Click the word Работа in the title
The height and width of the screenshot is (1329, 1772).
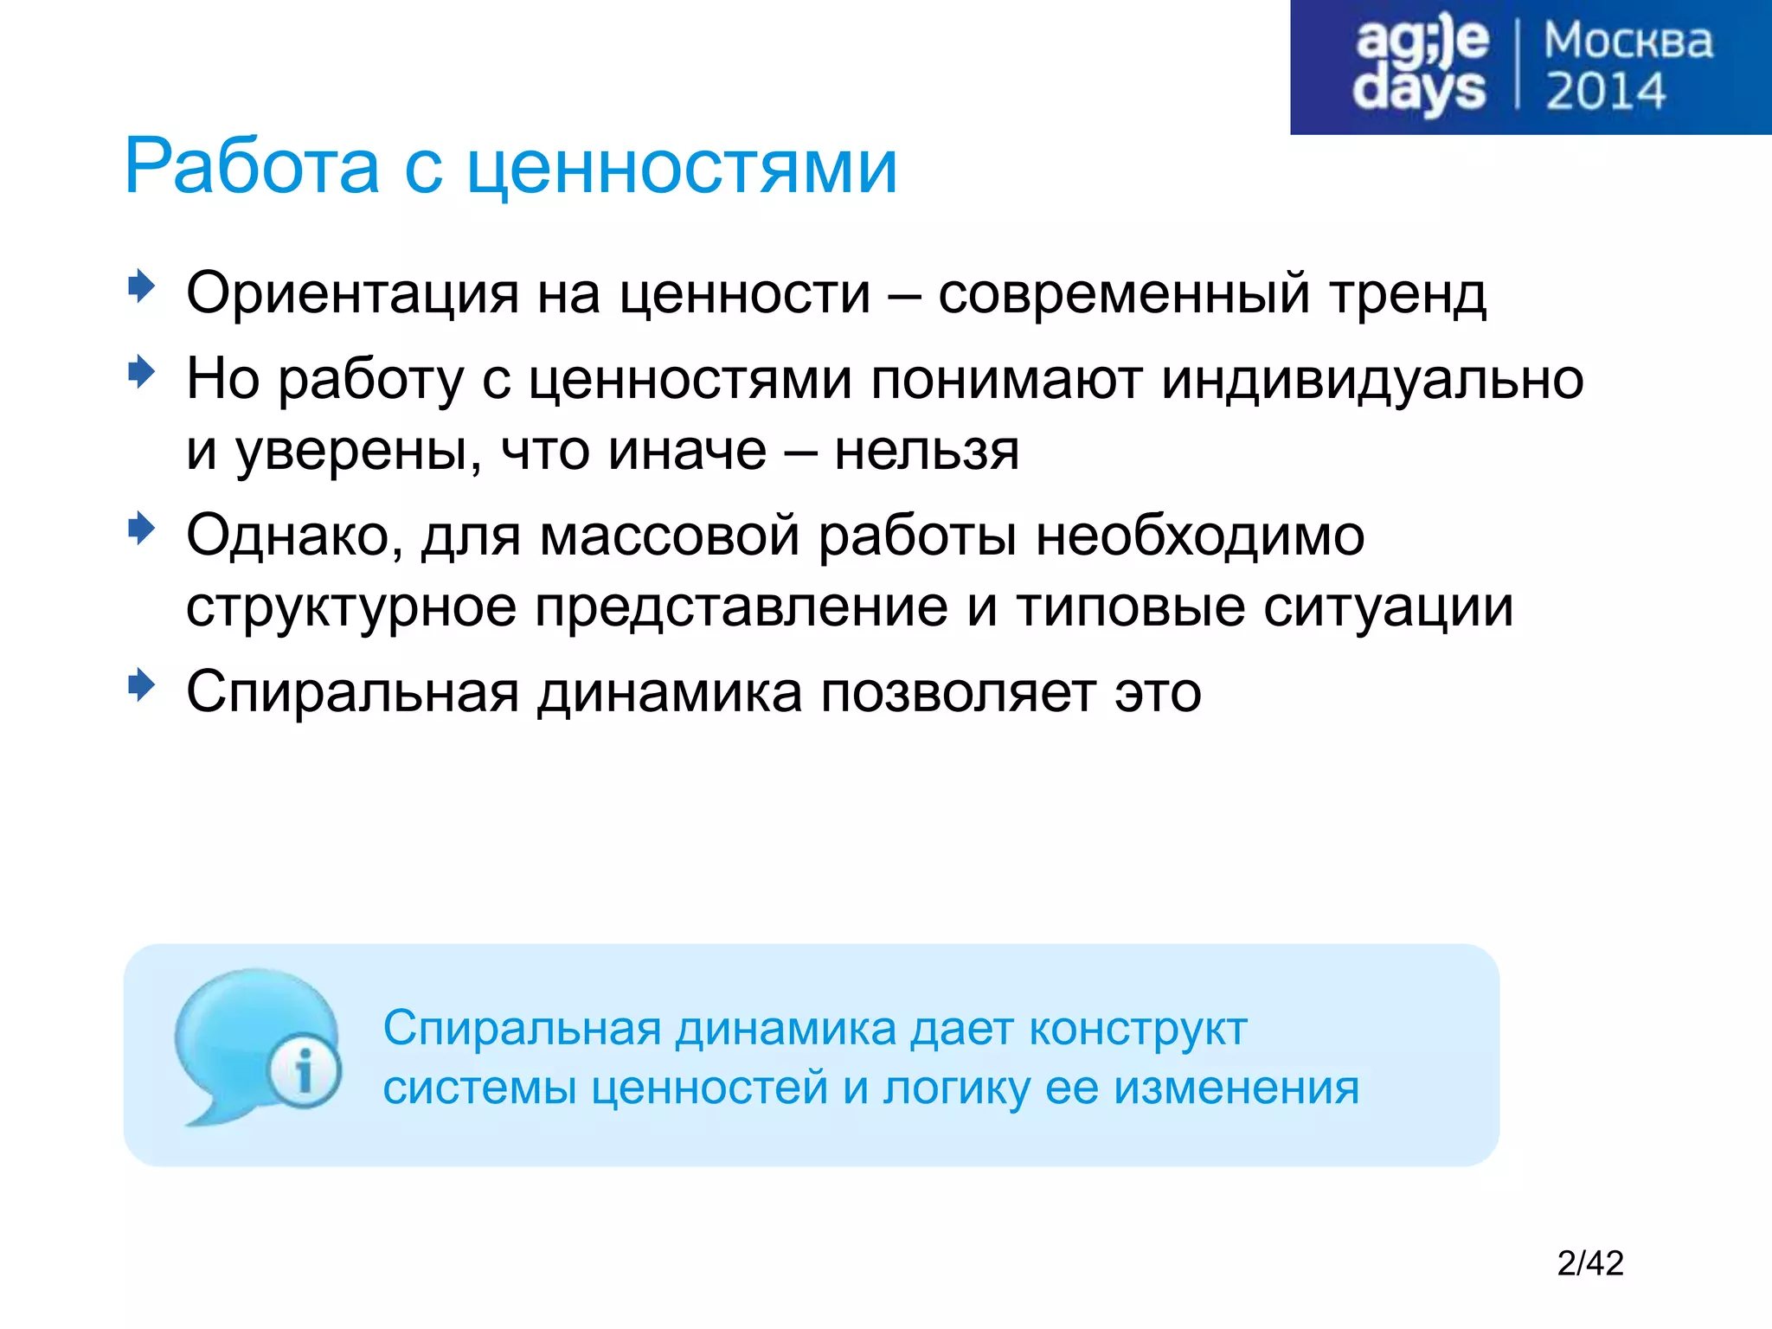(x=252, y=166)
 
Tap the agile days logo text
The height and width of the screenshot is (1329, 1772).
(x=1420, y=67)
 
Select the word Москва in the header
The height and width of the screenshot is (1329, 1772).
(x=1628, y=42)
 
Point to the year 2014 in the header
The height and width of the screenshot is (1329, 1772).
(x=1605, y=92)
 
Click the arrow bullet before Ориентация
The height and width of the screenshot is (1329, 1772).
(x=141, y=286)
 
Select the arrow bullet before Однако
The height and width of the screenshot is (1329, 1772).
(x=141, y=528)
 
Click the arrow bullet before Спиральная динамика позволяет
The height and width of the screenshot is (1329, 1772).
(x=141, y=685)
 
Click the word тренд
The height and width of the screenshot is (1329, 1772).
(x=1408, y=294)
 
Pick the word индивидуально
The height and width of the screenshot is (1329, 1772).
(x=1372, y=379)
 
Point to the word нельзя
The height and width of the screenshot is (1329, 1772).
(x=927, y=451)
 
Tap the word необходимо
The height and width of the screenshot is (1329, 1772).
(x=1200, y=536)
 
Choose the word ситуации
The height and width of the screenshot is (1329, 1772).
(x=1388, y=607)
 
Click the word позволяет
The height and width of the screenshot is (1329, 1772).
(x=958, y=692)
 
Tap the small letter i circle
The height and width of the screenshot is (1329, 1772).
(x=304, y=1073)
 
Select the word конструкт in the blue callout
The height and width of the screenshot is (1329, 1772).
(x=1138, y=1029)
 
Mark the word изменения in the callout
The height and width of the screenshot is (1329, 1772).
(x=1236, y=1088)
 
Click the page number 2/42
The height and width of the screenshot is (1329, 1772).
(x=1589, y=1264)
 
